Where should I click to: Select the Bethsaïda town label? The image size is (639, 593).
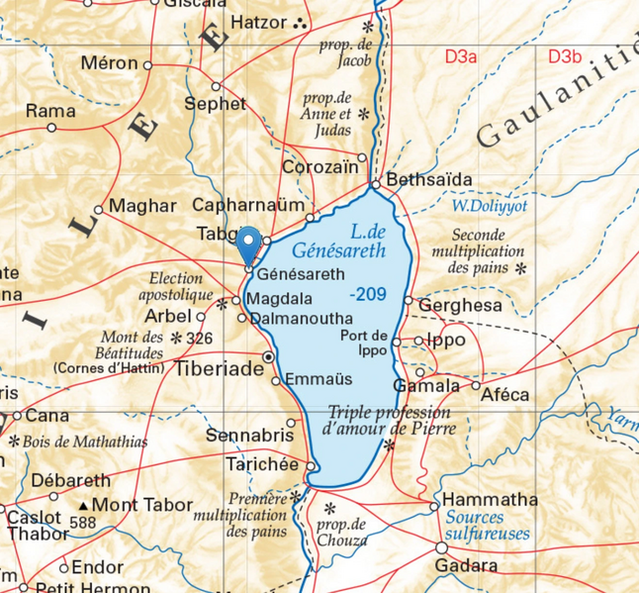click(x=429, y=180)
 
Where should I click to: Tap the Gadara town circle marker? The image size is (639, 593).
click(x=440, y=547)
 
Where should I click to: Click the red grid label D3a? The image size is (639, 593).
click(x=460, y=56)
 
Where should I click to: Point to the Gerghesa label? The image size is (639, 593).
click(x=460, y=306)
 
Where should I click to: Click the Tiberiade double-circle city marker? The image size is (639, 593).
click(x=268, y=356)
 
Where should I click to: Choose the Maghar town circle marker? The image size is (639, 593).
click(x=98, y=210)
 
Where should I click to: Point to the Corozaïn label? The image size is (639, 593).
click(x=319, y=166)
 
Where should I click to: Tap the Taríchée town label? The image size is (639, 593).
click(x=263, y=465)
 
